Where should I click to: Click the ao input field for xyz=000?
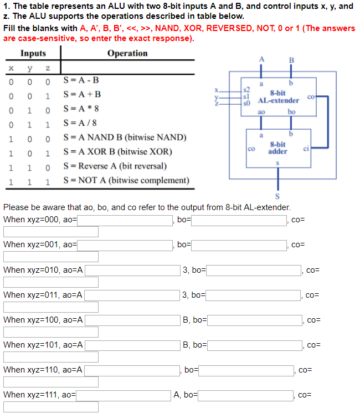[125, 220]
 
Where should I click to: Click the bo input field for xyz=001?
[239, 244]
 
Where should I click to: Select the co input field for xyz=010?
[51, 282]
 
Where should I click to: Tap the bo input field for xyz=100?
[255, 320]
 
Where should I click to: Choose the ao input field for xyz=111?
[123, 395]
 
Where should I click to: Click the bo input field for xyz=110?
[246, 370]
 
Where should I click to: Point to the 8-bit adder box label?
[277, 148]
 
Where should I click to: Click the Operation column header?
[127, 53]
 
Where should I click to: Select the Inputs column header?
[33, 53]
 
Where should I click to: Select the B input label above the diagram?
[292, 60]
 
